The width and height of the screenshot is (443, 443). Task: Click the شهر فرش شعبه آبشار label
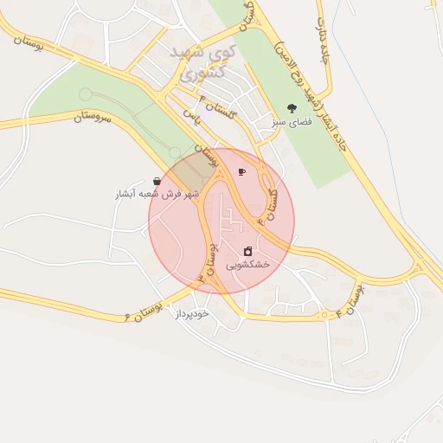tap(157, 195)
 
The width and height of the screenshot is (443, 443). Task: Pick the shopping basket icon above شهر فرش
tap(157, 182)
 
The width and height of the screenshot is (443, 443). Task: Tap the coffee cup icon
tap(241, 171)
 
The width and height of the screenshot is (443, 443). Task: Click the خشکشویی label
tap(248, 264)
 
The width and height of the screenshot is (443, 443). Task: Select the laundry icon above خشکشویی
tap(248, 251)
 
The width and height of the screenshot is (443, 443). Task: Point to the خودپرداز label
tap(192, 313)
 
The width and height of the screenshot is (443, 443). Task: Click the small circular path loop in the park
tap(85, 93)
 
